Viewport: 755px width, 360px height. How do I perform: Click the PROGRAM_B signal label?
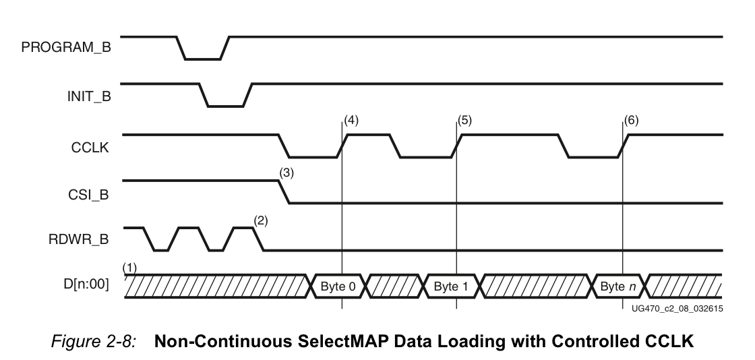click(x=66, y=47)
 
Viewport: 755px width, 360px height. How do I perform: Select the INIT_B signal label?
click(x=89, y=96)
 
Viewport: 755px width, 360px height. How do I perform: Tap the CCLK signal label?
click(x=90, y=147)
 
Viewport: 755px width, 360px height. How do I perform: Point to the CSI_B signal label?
click(x=88, y=195)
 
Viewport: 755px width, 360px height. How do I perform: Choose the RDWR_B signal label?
click(x=78, y=239)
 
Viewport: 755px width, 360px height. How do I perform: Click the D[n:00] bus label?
click(x=86, y=284)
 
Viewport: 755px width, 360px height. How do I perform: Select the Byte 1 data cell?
click(x=451, y=287)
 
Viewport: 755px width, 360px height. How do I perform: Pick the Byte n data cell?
click(x=617, y=287)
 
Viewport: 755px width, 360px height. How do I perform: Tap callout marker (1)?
click(x=129, y=267)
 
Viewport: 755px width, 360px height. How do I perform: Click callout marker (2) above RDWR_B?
click(x=260, y=220)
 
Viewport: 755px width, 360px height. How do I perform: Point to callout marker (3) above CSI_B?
click(x=286, y=173)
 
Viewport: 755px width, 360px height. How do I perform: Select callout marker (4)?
click(x=351, y=120)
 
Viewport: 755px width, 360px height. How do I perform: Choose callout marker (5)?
click(x=464, y=120)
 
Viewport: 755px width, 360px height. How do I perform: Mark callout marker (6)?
click(x=631, y=120)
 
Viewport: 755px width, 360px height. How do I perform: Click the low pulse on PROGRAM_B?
click(x=203, y=59)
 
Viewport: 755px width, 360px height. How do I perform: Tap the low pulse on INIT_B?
click(x=225, y=106)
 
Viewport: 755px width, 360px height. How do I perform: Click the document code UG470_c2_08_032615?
click(x=677, y=309)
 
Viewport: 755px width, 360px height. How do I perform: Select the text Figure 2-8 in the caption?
click(x=94, y=340)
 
